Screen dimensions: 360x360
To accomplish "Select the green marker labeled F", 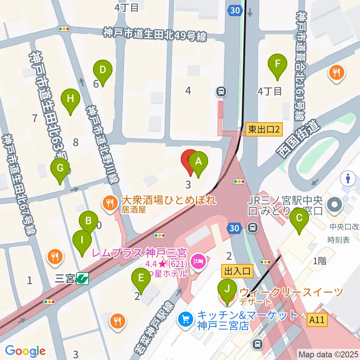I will click(x=277, y=63).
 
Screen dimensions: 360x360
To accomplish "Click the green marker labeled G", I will click(x=60, y=168).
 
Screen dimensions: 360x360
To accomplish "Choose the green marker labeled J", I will click(x=226, y=289).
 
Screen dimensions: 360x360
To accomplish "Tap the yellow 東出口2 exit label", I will click(x=264, y=130).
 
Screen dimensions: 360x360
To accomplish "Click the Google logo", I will click(x=25, y=351).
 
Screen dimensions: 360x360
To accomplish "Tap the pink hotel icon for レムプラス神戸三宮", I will click(x=198, y=260).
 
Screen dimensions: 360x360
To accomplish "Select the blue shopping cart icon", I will click(x=185, y=319).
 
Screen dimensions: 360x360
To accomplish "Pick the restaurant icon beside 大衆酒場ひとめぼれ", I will click(x=109, y=203).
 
